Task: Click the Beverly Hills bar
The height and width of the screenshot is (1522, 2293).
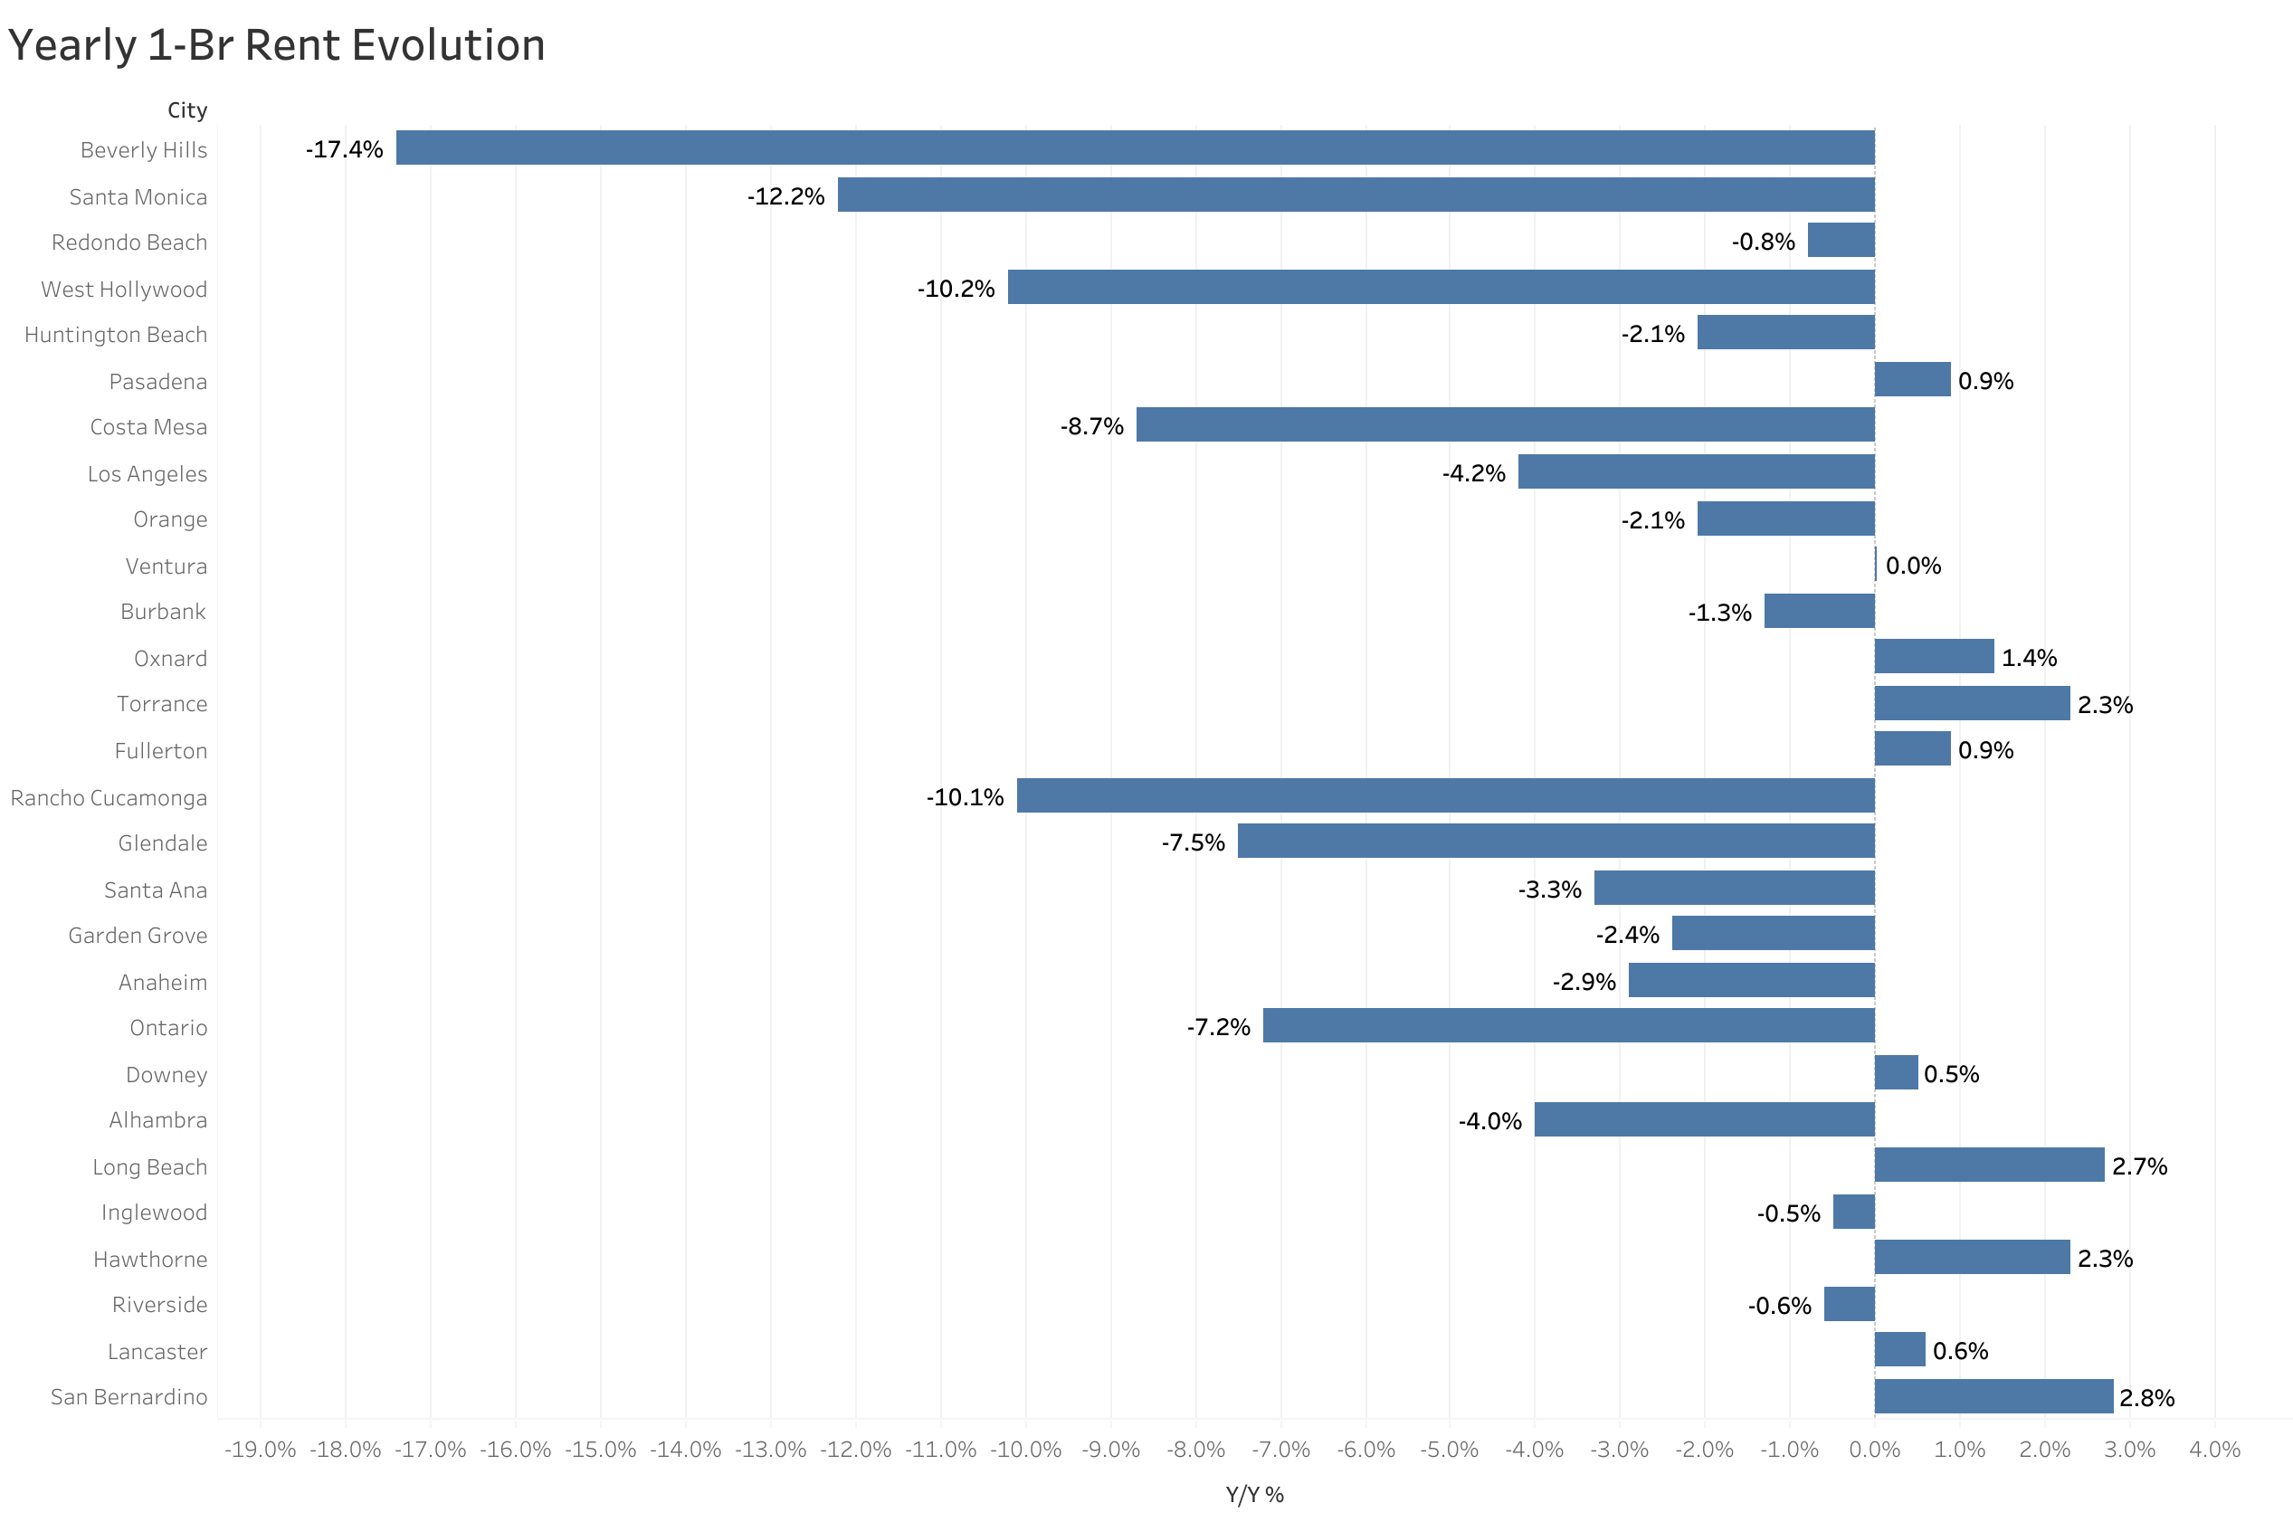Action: (x=1135, y=147)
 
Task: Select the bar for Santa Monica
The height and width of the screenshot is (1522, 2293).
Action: (x=1356, y=195)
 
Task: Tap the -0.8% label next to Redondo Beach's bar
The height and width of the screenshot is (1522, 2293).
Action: (x=1762, y=242)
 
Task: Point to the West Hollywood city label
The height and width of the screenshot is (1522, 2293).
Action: (x=124, y=290)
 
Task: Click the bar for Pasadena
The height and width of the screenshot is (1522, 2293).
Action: (x=1912, y=379)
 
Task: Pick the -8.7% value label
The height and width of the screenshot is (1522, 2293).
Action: (x=1090, y=426)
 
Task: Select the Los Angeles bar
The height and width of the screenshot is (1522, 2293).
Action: (x=1695, y=471)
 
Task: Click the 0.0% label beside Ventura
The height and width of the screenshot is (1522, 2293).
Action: (x=1913, y=566)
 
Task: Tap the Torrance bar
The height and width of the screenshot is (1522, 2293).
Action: (x=1971, y=704)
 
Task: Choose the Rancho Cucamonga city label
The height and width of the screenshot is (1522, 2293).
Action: (x=109, y=798)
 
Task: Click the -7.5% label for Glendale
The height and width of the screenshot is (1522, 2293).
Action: (x=1193, y=842)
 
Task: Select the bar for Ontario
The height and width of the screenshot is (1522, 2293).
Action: (x=1568, y=1026)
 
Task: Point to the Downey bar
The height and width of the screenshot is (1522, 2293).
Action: (x=1895, y=1072)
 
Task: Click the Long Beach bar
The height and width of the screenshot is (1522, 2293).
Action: (x=1988, y=1165)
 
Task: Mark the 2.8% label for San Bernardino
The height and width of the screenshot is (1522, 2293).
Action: (x=2146, y=1398)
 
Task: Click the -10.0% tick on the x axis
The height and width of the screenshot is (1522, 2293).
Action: (x=1024, y=1451)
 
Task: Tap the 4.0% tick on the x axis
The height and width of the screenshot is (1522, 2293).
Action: (x=2214, y=1451)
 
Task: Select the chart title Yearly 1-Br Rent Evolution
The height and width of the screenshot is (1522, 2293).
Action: (x=277, y=44)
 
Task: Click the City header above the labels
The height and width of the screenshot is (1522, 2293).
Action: (x=187, y=109)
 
